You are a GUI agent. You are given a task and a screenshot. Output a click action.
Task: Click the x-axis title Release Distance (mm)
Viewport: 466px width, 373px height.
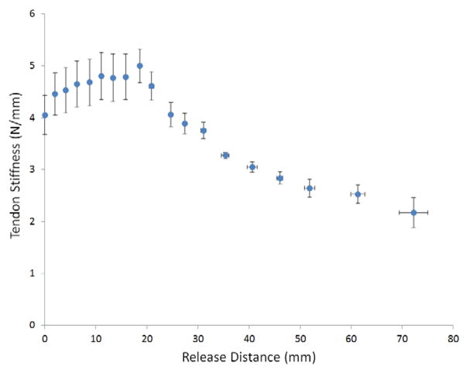[248, 359]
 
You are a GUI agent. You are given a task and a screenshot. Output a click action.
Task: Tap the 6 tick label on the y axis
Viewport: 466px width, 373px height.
[33, 14]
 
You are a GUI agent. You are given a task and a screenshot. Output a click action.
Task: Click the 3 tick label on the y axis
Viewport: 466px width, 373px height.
[33, 169]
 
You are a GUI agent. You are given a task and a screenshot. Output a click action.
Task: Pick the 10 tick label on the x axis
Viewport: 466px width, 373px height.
[95, 338]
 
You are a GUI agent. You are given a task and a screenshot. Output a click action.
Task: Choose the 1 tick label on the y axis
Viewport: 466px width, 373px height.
[33, 273]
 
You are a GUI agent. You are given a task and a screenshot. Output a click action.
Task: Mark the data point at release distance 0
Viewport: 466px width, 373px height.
[45, 115]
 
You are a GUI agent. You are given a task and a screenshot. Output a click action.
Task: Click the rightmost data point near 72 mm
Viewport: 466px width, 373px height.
[413, 212]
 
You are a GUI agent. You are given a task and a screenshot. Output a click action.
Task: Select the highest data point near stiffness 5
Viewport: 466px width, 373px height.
[139, 66]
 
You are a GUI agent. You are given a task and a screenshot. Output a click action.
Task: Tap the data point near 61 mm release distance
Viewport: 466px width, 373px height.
[358, 194]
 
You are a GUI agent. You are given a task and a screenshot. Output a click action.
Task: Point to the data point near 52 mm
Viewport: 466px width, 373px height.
[309, 188]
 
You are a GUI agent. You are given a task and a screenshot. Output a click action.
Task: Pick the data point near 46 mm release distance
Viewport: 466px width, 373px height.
[280, 178]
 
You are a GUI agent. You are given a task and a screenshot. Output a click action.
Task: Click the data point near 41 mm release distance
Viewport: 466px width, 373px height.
[252, 167]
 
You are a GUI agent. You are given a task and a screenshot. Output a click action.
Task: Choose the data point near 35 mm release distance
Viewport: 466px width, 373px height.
[225, 156]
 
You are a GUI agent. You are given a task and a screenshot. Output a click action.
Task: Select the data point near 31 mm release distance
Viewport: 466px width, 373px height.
[203, 131]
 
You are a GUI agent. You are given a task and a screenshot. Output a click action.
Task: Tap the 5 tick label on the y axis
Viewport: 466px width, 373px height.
[33, 66]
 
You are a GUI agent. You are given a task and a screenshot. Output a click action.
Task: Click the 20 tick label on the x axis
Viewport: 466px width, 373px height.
[146, 338]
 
